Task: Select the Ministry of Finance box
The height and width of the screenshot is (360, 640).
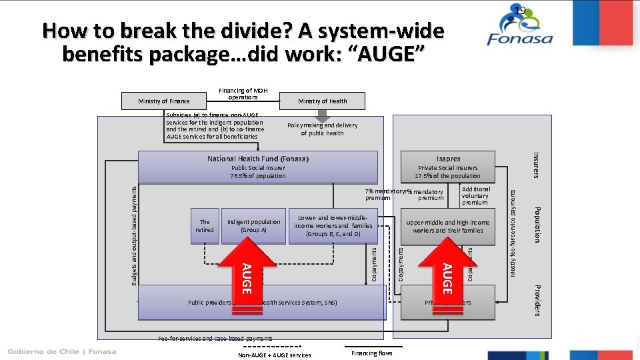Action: pyautogui.click(x=163, y=101)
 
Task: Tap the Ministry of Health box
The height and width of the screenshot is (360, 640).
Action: pyautogui.click(x=322, y=101)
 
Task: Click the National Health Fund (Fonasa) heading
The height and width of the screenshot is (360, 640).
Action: pyautogui.click(x=257, y=159)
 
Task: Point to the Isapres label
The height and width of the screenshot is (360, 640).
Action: pyautogui.click(x=448, y=159)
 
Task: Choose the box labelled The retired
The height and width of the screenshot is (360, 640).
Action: pyautogui.click(x=205, y=226)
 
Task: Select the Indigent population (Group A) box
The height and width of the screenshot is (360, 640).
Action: pyautogui.click(x=253, y=226)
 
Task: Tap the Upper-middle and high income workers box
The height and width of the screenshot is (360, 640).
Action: pyautogui.click(x=447, y=226)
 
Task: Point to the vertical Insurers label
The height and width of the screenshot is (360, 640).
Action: pyautogui.click(x=537, y=165)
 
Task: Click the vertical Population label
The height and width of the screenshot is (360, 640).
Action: pyautogui.click(x=537, y=224)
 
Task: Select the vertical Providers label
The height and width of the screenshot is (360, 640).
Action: pyautogui.click(x=537, y=301)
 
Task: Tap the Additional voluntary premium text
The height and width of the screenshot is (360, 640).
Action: pyautogui.click(x=475, y=196)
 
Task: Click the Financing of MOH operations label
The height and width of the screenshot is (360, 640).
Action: pyautogui.click(x=243, y=94)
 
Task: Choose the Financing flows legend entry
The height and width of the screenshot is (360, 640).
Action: pyautogui.click(x=372, y=353)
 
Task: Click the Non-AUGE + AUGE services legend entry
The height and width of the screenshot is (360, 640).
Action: pyautogui.click(x=274, y=355)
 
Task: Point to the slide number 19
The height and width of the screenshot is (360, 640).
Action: pyautogui.click(x=520, y=9)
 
